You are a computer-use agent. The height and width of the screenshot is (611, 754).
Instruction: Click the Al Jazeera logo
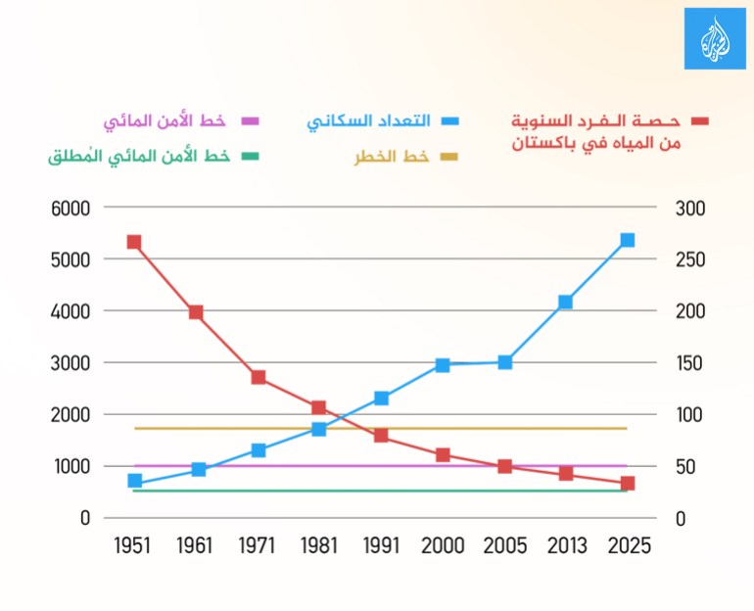coord(715,38)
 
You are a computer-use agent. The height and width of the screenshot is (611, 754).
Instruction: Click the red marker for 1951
coord(134,242)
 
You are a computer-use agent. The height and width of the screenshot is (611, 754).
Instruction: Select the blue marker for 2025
coord(628,240)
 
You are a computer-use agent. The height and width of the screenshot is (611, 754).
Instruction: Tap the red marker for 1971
coord(259,377)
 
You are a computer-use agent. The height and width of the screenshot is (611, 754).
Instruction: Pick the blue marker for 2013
coord(565,302)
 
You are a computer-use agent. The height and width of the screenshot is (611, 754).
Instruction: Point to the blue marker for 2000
coord(443,365)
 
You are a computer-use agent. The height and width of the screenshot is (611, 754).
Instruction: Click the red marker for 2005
coord(504,466)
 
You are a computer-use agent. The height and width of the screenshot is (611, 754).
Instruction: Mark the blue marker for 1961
coord(199,470)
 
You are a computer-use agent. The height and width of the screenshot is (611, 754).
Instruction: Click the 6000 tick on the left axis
coord(71,209)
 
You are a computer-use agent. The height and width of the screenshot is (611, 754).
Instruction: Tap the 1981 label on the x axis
coord(320,546)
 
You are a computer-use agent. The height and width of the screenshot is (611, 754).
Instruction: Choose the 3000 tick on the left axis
coord(71,363)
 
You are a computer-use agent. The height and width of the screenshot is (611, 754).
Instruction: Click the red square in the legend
coord(699,121)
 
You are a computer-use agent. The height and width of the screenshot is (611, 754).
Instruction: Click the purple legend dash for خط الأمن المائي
coord(250,121)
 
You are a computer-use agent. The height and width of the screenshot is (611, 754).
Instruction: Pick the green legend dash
coord(250,156)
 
